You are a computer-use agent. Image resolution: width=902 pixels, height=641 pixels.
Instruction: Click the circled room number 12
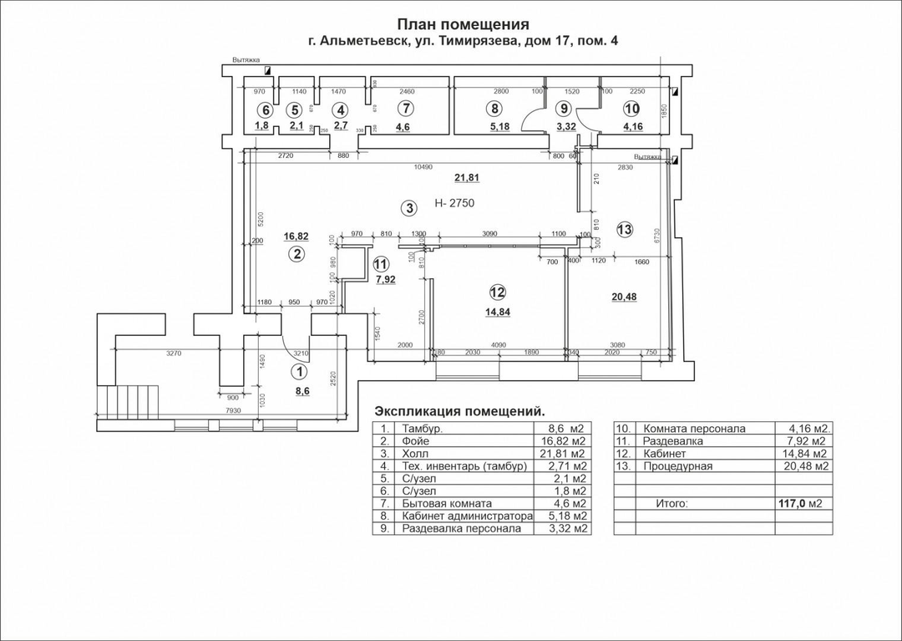tap(497, 293)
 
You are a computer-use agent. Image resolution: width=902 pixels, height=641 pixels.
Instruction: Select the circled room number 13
tap(625, 229)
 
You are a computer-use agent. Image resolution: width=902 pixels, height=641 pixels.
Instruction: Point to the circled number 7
tap(406, 109)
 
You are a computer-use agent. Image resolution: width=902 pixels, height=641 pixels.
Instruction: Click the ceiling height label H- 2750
tap(454, 204)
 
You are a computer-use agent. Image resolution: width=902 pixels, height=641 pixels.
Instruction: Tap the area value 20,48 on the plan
tap(623, 297)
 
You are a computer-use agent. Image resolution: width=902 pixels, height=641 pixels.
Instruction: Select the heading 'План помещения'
tap(463, 24)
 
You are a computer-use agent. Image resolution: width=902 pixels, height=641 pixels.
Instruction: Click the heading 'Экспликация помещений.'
tap(460, 411)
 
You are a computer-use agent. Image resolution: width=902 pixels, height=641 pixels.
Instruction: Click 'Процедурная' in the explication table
tap(677, 465)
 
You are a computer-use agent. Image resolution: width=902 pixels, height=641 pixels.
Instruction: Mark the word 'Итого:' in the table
tap(672, 504)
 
